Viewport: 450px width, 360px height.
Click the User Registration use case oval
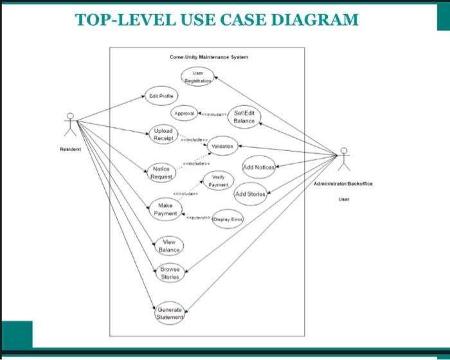pos(198,77)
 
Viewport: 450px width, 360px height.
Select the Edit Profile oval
pos(161,96)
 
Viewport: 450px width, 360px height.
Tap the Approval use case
pos(184,113)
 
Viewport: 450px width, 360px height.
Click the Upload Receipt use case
pos(163,134)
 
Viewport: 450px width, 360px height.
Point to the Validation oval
pos(222,146)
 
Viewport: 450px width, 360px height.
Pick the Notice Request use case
pos(161,172)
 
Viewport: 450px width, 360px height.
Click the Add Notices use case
pos(258,167)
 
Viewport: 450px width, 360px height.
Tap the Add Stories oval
pos(250,194)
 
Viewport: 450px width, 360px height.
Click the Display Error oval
pos(227,219)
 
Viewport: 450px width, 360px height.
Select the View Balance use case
pos(169,246)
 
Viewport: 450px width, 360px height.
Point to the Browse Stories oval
pos(170,273)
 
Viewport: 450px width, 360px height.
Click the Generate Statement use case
pos(170,314)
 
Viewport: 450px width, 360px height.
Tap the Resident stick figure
pos(70,125)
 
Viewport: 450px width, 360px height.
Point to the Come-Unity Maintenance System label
pos(208,57)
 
